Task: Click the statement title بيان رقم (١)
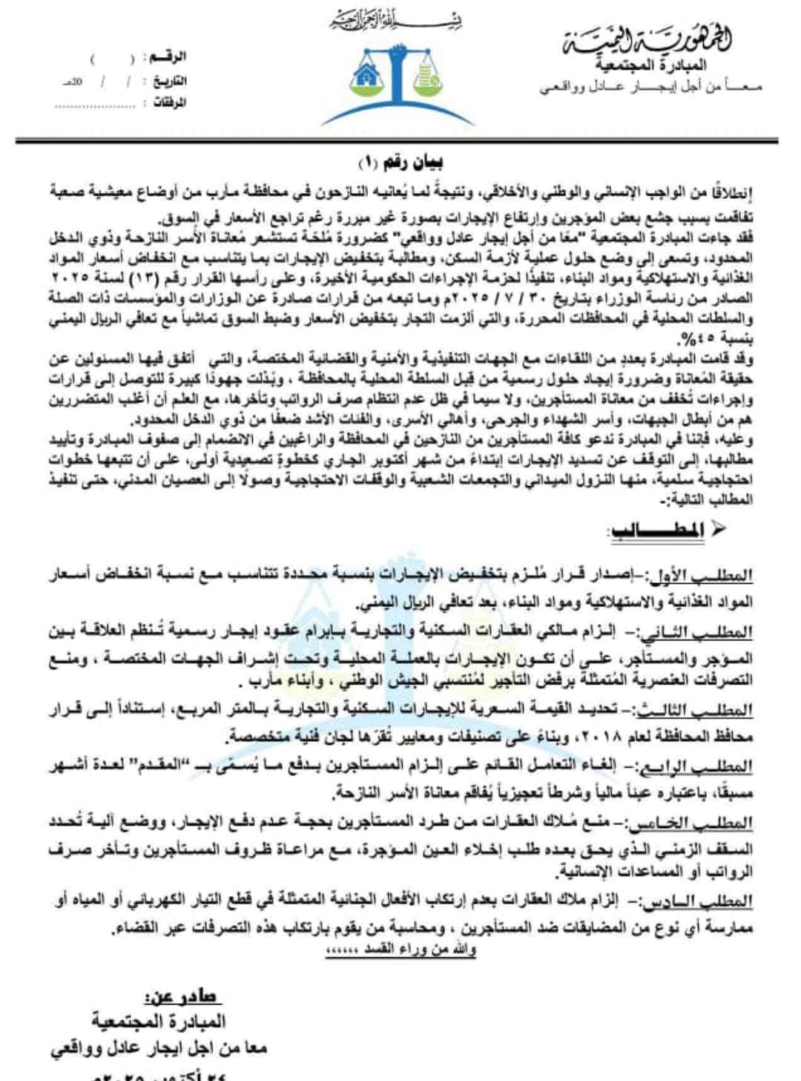(x=400, y=162)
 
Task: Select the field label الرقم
(x=167, y=57)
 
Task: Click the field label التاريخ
(x=170, y=81)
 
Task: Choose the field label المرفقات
(x=169, y=103)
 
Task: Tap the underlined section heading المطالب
(x=657, y=530)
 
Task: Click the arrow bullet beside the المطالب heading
(x=717, y=529)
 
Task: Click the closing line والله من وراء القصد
(x=400, y=950)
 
